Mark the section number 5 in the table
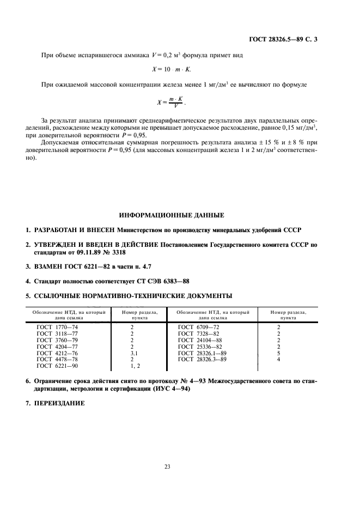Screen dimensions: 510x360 (278, 353)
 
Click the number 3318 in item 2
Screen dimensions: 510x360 (121, 253)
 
